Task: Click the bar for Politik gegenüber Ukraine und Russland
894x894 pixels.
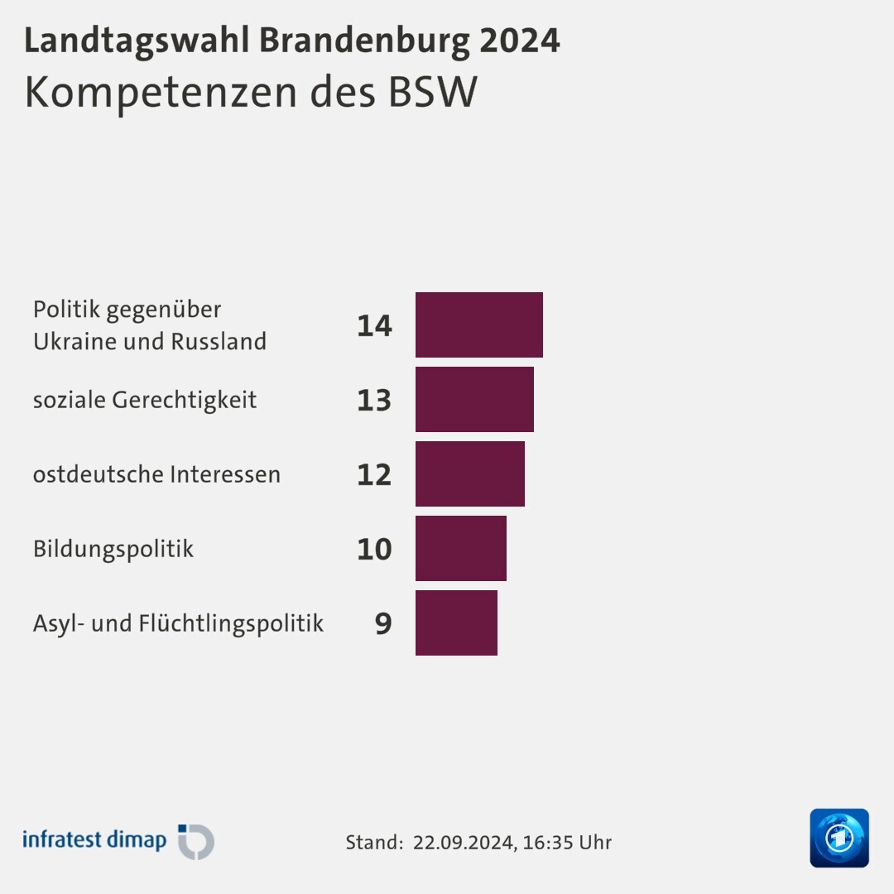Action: click(478, 324)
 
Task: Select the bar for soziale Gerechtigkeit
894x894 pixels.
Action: click(474, 399)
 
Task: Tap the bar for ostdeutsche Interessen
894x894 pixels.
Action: click(469, 473)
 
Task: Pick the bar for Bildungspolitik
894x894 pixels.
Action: click(460, 548)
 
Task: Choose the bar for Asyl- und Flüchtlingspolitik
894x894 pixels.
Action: click(456, 622)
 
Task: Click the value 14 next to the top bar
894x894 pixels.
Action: click(374, 325)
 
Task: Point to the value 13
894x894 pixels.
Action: click(374, 400)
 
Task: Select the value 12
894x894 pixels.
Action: click(374, 474)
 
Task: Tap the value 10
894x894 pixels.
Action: click(374, 549)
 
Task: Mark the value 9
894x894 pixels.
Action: click(382, 623)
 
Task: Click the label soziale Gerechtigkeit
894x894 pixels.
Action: click(145, 400)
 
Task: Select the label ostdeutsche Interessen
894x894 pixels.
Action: click(156, 474)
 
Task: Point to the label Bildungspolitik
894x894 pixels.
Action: click(113, 549)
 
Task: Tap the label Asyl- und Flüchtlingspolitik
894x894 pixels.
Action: click(178, 623)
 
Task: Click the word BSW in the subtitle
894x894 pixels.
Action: click(433, 92)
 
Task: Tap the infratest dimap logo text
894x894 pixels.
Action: click(94, 839)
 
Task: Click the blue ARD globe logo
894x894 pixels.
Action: click(839, 838)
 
